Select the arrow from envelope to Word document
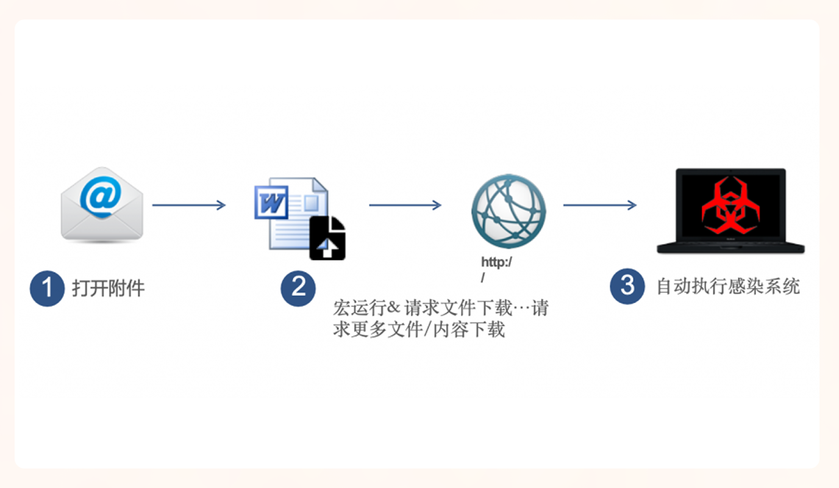point(189,205)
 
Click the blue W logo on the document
point(271,202)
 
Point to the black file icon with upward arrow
point(327,238)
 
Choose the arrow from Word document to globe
point(405,205)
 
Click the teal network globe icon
point(509,210)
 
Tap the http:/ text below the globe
point(496,262)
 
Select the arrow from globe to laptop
point(600,205)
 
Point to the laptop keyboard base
point(730,248)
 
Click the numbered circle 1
point(47,289)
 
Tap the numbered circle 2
point(298,289)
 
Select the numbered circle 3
point(627,286)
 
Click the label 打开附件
point(109,289)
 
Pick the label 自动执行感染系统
point(729,286)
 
